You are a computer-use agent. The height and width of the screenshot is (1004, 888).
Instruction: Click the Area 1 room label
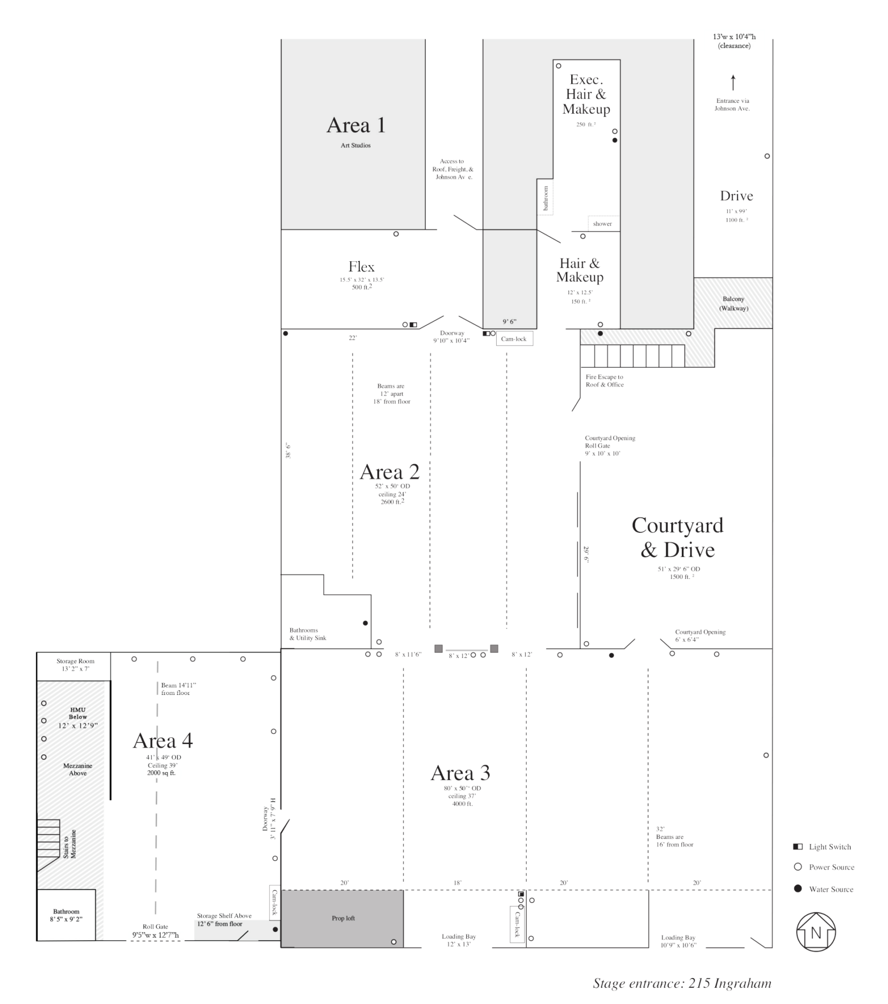click(x=356, y=125)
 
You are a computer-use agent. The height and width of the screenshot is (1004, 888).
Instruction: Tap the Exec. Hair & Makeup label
click(x=586, y=94)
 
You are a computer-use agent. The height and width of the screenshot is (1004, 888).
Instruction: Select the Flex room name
click(x=361, y=267)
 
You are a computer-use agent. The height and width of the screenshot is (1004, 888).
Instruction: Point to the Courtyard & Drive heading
click(x=677, y=537)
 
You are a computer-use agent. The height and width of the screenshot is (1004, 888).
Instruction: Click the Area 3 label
click(x=460, y=773)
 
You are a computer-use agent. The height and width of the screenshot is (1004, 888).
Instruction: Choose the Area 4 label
click(x=163, y=740)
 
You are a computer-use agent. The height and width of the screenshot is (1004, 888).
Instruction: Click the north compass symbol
click(x=816, y=932)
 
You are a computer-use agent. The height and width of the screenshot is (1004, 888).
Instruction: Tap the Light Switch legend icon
click(x=798, y=846)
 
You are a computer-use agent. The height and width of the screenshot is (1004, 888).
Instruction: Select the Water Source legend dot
click(x=798, y=889)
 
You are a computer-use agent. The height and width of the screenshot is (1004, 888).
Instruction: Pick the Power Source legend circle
click(x=798, y=867)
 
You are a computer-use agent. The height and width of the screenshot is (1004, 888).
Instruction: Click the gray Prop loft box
click(x=342, y=919)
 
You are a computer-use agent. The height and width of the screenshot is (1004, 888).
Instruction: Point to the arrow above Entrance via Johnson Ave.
click(x=733, y=82)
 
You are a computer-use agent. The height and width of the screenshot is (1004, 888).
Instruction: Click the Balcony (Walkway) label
click(x=733, y=303)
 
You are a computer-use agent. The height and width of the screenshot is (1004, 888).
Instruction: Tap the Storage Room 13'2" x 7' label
click(x=75, y=665)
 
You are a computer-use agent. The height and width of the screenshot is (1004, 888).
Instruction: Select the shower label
click(x=602, y=224)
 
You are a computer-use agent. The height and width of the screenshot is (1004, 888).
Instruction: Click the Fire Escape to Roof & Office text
click(x=604, y=381)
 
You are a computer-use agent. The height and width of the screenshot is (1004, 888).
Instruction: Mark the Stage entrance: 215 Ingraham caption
click(x=682, y=983)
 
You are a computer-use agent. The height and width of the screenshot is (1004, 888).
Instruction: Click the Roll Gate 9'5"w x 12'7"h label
click(x=155, y=931)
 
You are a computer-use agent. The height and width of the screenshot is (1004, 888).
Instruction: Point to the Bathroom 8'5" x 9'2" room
click(x=66, y=915)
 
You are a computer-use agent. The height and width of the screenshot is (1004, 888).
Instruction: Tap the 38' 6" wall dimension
click(x=288, y=451)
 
